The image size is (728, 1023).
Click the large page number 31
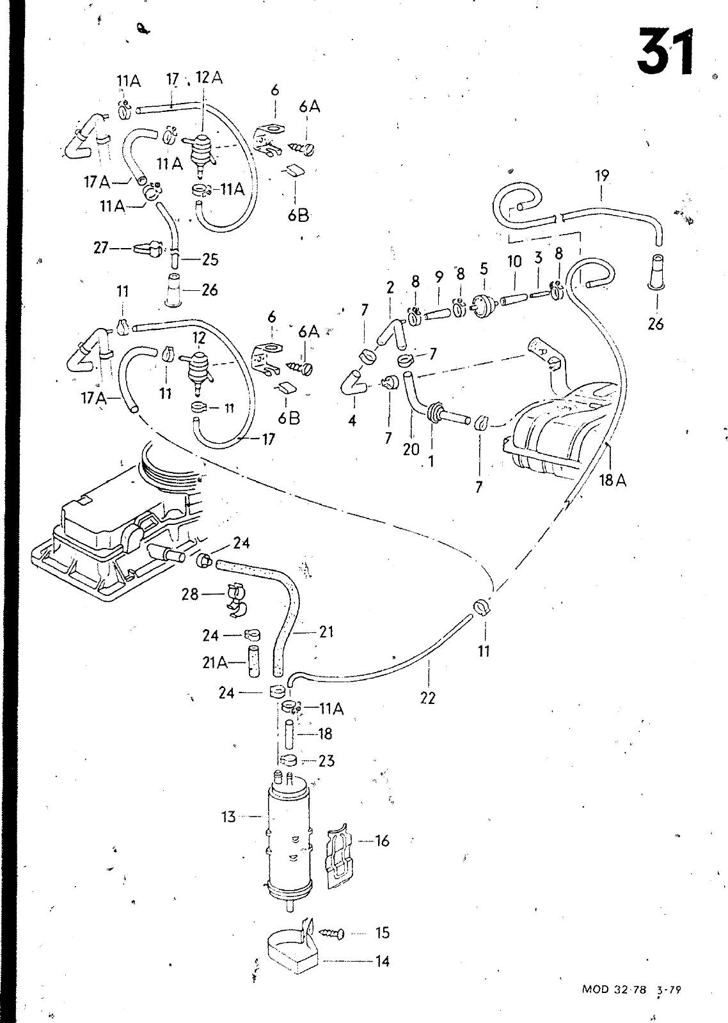point(665,51)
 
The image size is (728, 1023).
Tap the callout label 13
point(228,816)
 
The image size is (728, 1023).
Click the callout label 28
point(190,594)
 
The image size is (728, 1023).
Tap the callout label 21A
point(215,662)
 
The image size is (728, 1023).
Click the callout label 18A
point(613,480)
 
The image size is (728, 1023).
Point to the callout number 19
point(602,176)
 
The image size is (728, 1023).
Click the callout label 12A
point(209,77)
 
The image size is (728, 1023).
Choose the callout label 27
point(100,248)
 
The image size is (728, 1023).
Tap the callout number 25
point(210,260)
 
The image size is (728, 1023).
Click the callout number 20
point(411,449)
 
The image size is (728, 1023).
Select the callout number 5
point(484,269)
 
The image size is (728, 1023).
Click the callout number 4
point(352,421)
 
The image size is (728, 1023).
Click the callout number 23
point(326,761)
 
